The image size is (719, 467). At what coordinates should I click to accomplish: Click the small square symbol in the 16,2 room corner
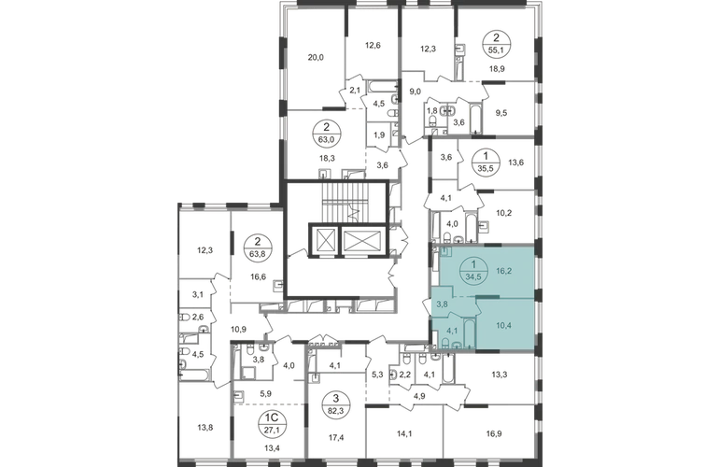click(448, 251)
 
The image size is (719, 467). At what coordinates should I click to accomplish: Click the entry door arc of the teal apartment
click(430, 302)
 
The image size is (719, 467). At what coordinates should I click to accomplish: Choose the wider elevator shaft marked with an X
click(359, 240)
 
